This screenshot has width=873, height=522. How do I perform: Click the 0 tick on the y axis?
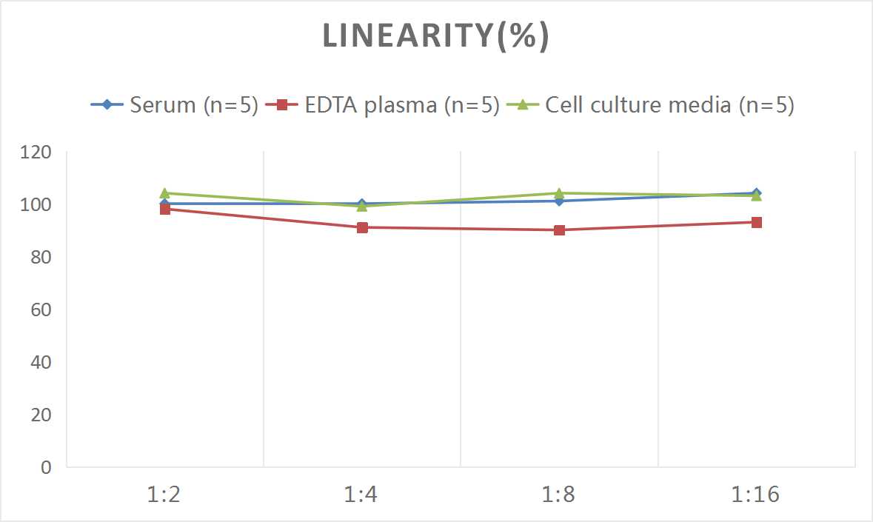(47, 467)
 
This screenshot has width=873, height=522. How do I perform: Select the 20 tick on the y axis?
(41, 415)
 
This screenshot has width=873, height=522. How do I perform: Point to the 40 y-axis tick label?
(41, 362)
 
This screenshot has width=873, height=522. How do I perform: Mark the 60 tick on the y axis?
(41, 309)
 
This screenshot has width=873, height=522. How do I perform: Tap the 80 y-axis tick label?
(41, 257)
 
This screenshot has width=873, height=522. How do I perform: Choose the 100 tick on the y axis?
(37, 204)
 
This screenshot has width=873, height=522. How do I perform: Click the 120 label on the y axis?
(37, 152)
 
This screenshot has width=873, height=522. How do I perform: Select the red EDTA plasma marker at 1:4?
(362, 227)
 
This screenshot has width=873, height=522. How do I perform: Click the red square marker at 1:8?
(559, 230)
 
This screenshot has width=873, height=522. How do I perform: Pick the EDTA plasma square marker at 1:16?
(756, 222)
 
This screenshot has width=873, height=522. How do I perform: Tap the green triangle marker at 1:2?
(165, 193)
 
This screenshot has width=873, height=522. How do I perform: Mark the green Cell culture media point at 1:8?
(559, 193)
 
